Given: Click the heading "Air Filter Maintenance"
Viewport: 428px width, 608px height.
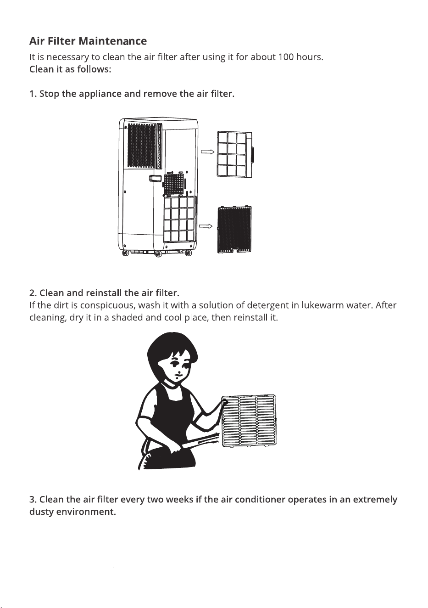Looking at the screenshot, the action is [88, 41].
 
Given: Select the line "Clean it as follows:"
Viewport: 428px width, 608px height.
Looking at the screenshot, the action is [70, 69].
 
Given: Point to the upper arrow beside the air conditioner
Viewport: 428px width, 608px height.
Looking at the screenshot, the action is [207, 152].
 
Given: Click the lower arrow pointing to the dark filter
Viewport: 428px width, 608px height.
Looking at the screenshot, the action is [206, 226].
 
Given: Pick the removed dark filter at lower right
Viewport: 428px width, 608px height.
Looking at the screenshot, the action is [234, 230].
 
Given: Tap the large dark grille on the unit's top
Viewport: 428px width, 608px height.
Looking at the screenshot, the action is [141, 146].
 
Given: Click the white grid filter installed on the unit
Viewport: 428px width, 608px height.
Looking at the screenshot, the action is [180, 219].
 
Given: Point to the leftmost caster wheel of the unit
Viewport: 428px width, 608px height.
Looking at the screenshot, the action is [125, 253].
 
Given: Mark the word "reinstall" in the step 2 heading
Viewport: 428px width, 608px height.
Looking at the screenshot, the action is [104, 293].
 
